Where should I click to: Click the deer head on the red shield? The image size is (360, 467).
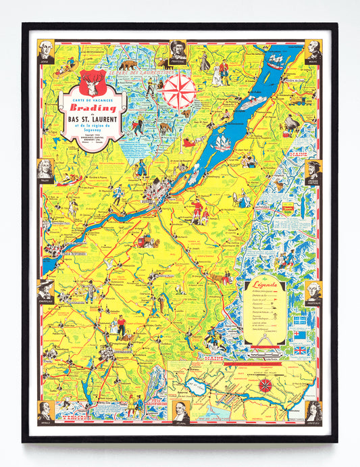coord(93,80)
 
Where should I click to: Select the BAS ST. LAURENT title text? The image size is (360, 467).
coord(93,120)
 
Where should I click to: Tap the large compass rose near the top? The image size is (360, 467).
coord(180,90)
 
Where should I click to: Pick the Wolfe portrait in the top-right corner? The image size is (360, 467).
coord(313,49)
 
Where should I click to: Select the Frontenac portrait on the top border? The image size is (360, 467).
coord(178,48)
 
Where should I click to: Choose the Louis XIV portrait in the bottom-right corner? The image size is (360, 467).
coord(313,410)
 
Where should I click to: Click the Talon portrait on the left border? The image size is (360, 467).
coord(45,169)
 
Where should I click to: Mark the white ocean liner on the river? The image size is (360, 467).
coord(252,103)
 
